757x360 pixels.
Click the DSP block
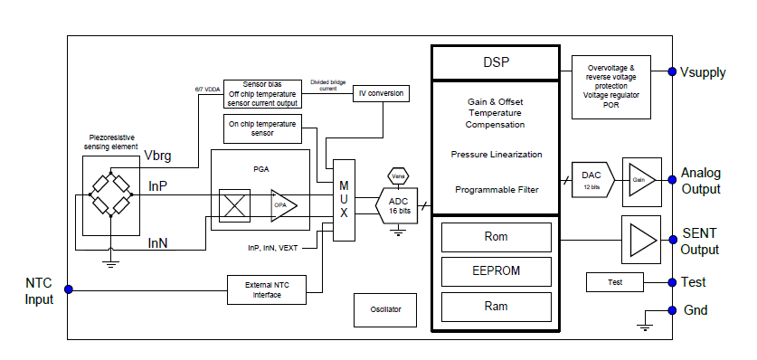click(x=496, y=62)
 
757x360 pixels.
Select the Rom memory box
click(x=496, y=237)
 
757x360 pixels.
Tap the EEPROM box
click(x=496, y=270)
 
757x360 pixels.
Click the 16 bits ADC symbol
click(x=397, y=205)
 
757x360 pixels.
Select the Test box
click(x=615, y=282)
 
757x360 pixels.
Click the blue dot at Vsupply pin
click(x=670, y=72)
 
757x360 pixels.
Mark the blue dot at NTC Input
click(x=68, y=289)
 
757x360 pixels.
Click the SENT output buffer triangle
click(x=643, y=241)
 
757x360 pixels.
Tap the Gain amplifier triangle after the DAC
click(x=642, y=180)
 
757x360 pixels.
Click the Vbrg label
click(x=158, y=156)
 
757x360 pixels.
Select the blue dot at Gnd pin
click(x=670, y=309)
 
